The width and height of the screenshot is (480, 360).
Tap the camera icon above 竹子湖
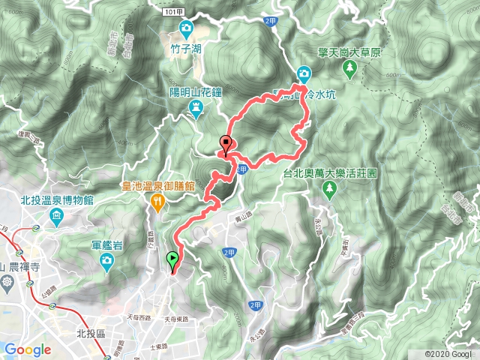(185, 29)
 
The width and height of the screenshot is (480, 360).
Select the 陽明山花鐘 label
(196, 92)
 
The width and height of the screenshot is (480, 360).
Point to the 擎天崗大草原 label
(350, 53)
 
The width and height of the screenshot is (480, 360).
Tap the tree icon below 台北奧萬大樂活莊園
(328, 190)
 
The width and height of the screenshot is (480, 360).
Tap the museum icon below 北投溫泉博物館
(57, 217)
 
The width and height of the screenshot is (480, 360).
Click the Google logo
(27, 349)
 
